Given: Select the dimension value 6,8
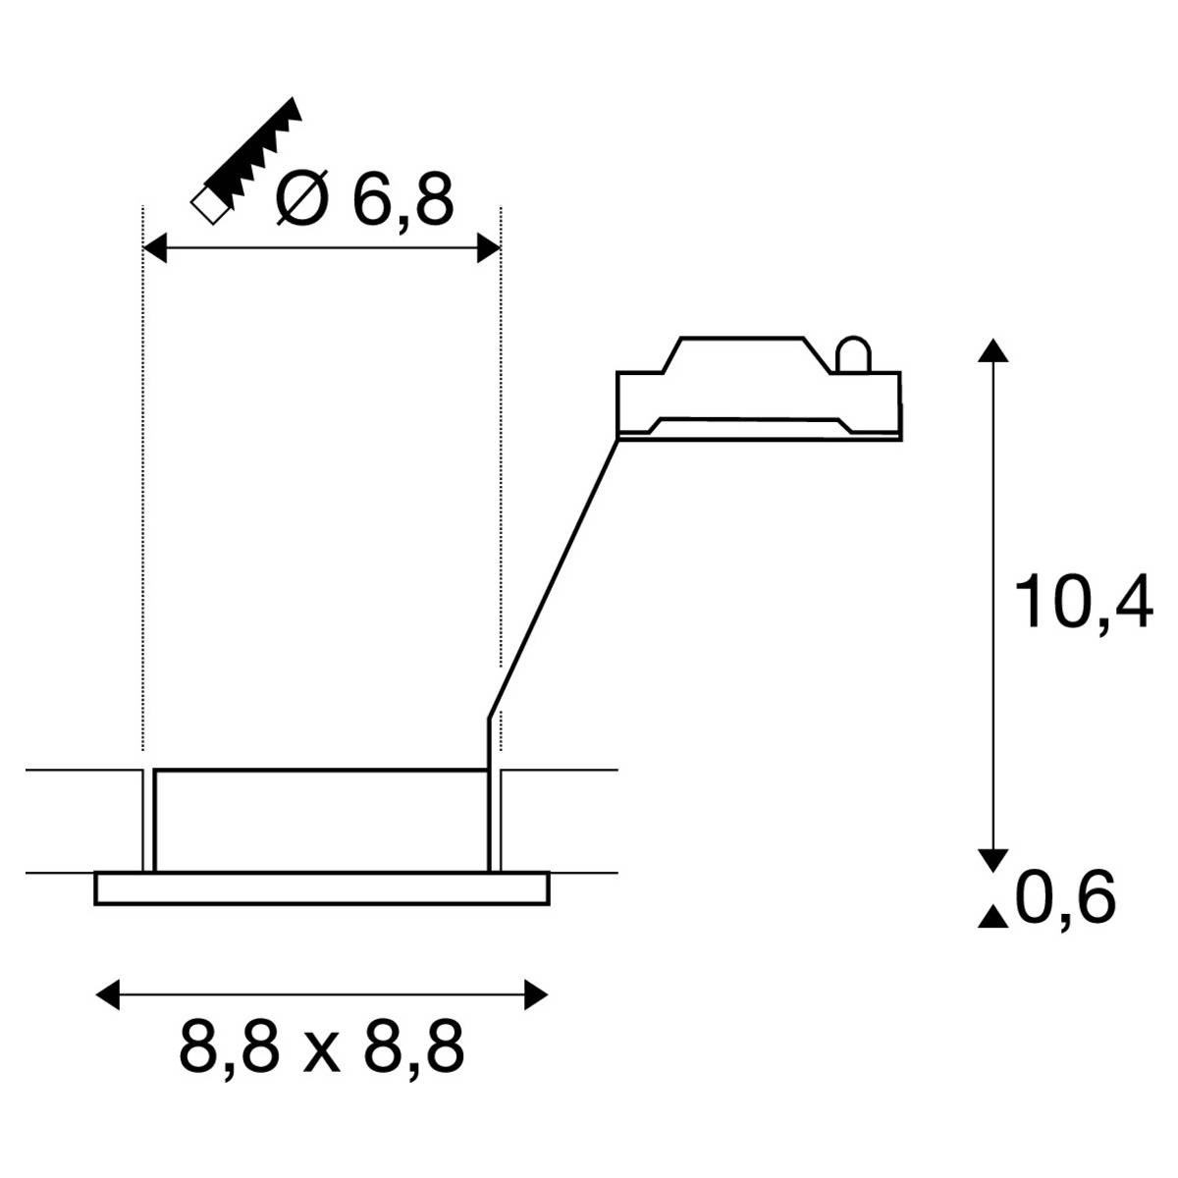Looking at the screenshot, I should (402, 201).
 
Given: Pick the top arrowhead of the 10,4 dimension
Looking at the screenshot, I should (994, 350).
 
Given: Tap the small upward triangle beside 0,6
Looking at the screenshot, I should (993, 918).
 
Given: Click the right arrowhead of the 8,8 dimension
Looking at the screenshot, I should (536, 994).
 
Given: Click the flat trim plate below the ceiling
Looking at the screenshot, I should (322, 887).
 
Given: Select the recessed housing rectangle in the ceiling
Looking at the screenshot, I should (321, 820).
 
